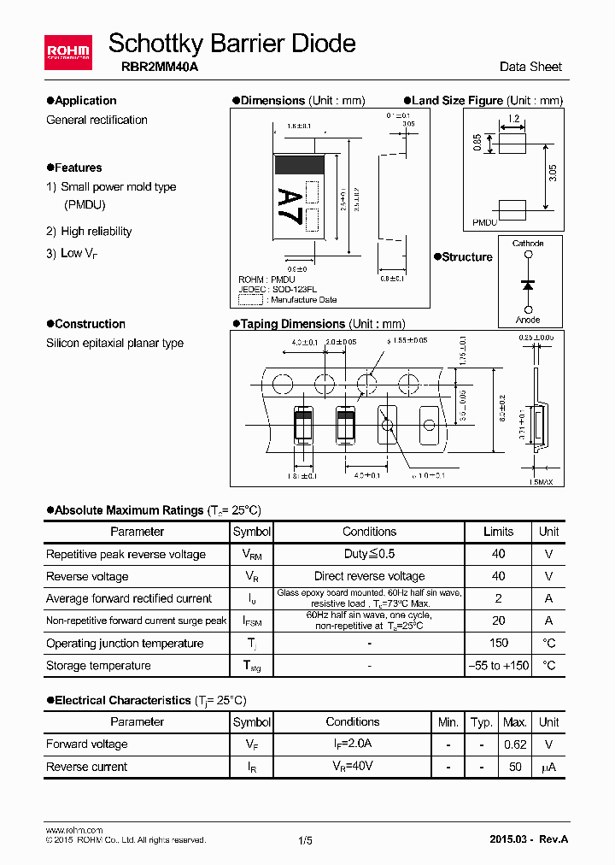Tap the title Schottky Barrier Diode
pos(231,43)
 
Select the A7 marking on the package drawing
pos(290,205)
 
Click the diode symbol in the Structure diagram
pos(528,282)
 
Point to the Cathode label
pos(528,244)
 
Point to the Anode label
pos(528,320)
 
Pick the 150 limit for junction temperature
pos(498,643)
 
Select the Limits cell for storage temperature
pos(498,665)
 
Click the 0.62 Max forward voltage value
pos(515,744)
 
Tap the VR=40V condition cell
pos(352,767)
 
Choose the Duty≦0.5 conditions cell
pos(369,554)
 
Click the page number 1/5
pos(306,840)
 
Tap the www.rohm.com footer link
pos(73,830)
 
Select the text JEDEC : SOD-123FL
pos(278,290)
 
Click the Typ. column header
pos(482,722)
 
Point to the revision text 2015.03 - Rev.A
pos(528,839)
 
